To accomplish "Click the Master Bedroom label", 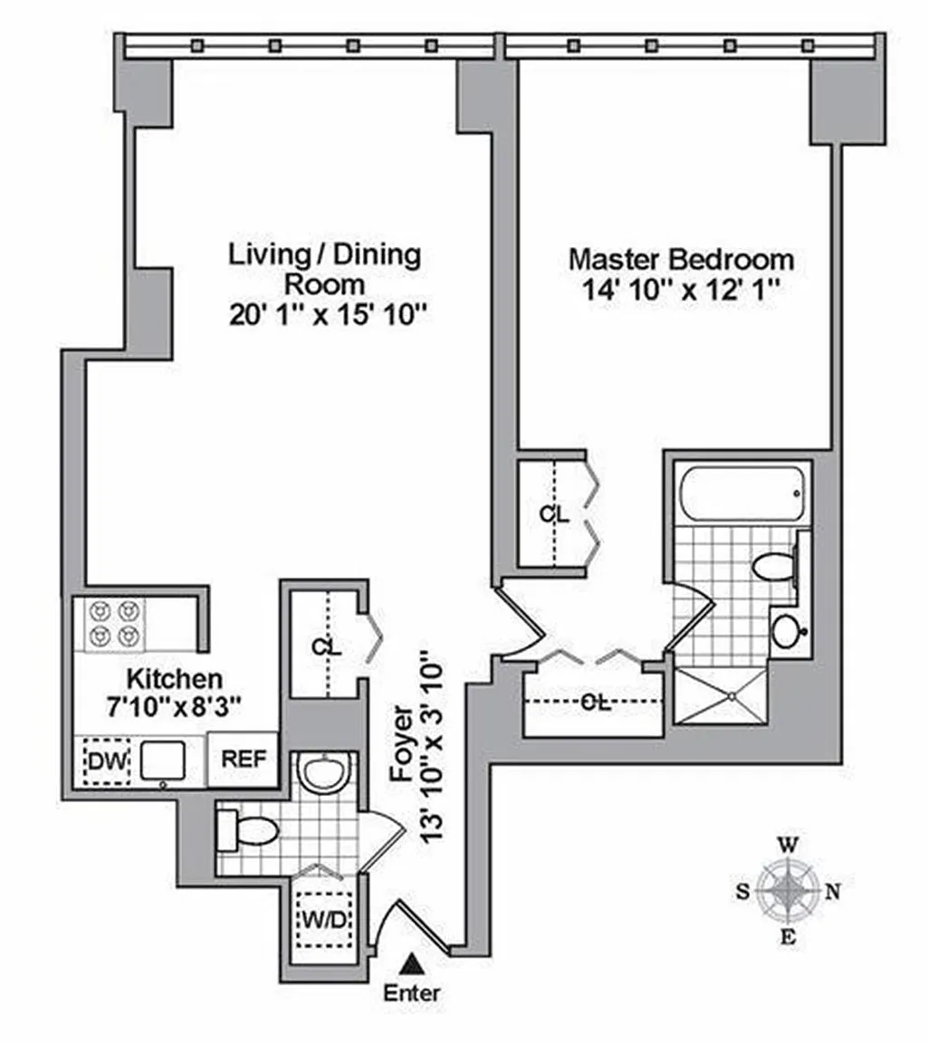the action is [x=681, y=260].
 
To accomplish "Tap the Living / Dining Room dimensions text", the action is [x=327, y=315].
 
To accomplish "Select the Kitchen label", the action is [x=175, y=679].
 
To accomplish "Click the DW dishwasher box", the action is [x=107, y=761].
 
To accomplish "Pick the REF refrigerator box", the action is [x=244, y=759].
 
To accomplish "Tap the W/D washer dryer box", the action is [x=325, y=920].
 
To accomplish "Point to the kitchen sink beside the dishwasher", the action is [x=163, y=761].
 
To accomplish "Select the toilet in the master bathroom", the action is [x=775, y=568].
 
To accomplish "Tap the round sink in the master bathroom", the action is [x=789, y=630].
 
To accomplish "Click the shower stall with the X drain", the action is [x=721, y=696].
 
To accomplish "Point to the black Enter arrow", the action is [x=413, y=962].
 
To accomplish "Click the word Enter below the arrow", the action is [x=413, y=994].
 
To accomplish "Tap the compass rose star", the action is [x=789, y=890].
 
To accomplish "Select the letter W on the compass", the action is [x=789, y=846].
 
